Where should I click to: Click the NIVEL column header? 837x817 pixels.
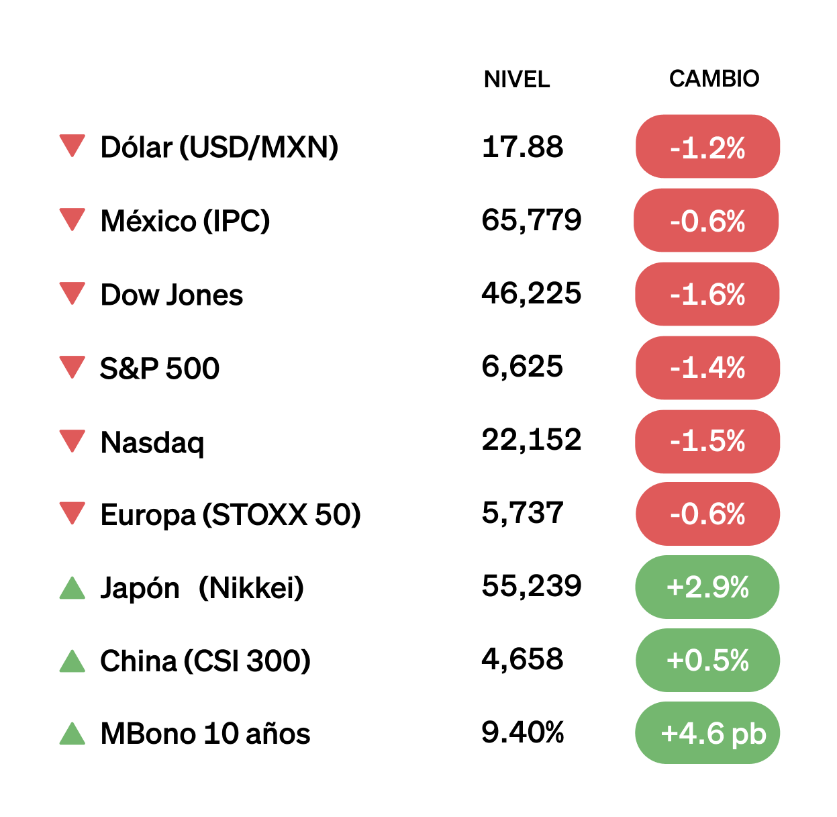(x=516, y=79)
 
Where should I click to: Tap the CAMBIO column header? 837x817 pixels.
(x=713, y=79)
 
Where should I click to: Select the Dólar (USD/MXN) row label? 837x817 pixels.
(x=219, y=147)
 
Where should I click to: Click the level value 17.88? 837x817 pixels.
(x=522, y=146)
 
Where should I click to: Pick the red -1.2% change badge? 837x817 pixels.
(x=707, y=147)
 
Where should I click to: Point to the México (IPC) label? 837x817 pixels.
(x=185, y=221)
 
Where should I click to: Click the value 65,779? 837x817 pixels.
(x=531, y=220)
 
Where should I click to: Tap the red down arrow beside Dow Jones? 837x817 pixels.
(x=72, y=293)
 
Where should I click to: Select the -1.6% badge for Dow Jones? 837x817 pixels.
(x=707, y=294)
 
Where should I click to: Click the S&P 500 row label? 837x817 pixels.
(x=160, y=369)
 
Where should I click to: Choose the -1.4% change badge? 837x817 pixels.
(x=707, y=368)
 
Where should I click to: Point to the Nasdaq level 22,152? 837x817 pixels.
(x=531, y=440)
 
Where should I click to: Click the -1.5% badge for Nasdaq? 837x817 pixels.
(x=707, y=441)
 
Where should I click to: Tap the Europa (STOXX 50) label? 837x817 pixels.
(x=230, y=515)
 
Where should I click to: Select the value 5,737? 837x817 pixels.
(x=522, y=513)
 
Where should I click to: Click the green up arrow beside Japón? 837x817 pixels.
(x=72, y=588)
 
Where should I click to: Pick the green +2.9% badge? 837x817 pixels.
(x=707, y=587)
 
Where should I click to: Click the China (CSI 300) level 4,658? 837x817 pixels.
(x=522, y=659)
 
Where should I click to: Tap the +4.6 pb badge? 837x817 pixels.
(x=707, y=733)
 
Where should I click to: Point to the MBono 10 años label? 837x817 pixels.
(x=205, y=734)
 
